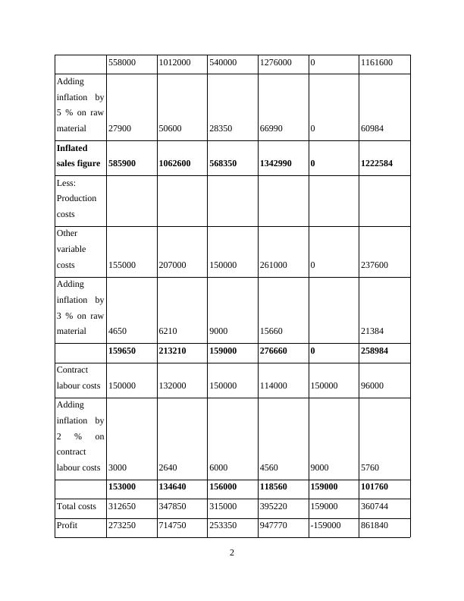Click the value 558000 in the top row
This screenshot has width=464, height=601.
click(x=122, y=64)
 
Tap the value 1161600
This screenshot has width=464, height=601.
click(x=378, y=64)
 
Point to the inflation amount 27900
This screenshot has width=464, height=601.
click(x=121, y=129)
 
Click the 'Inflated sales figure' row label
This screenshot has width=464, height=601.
click(x=79, y=156)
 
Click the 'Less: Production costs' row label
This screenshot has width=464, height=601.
click(x=77, y=198)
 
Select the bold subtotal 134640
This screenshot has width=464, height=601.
click(x=174, y=488)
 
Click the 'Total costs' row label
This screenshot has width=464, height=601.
click(x=77, y=505)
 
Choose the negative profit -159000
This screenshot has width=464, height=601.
click(x=326, y=525)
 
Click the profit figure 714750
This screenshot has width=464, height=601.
click(x=174, y=525)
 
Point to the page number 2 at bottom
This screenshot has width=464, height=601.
click(x=232, y=552)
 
